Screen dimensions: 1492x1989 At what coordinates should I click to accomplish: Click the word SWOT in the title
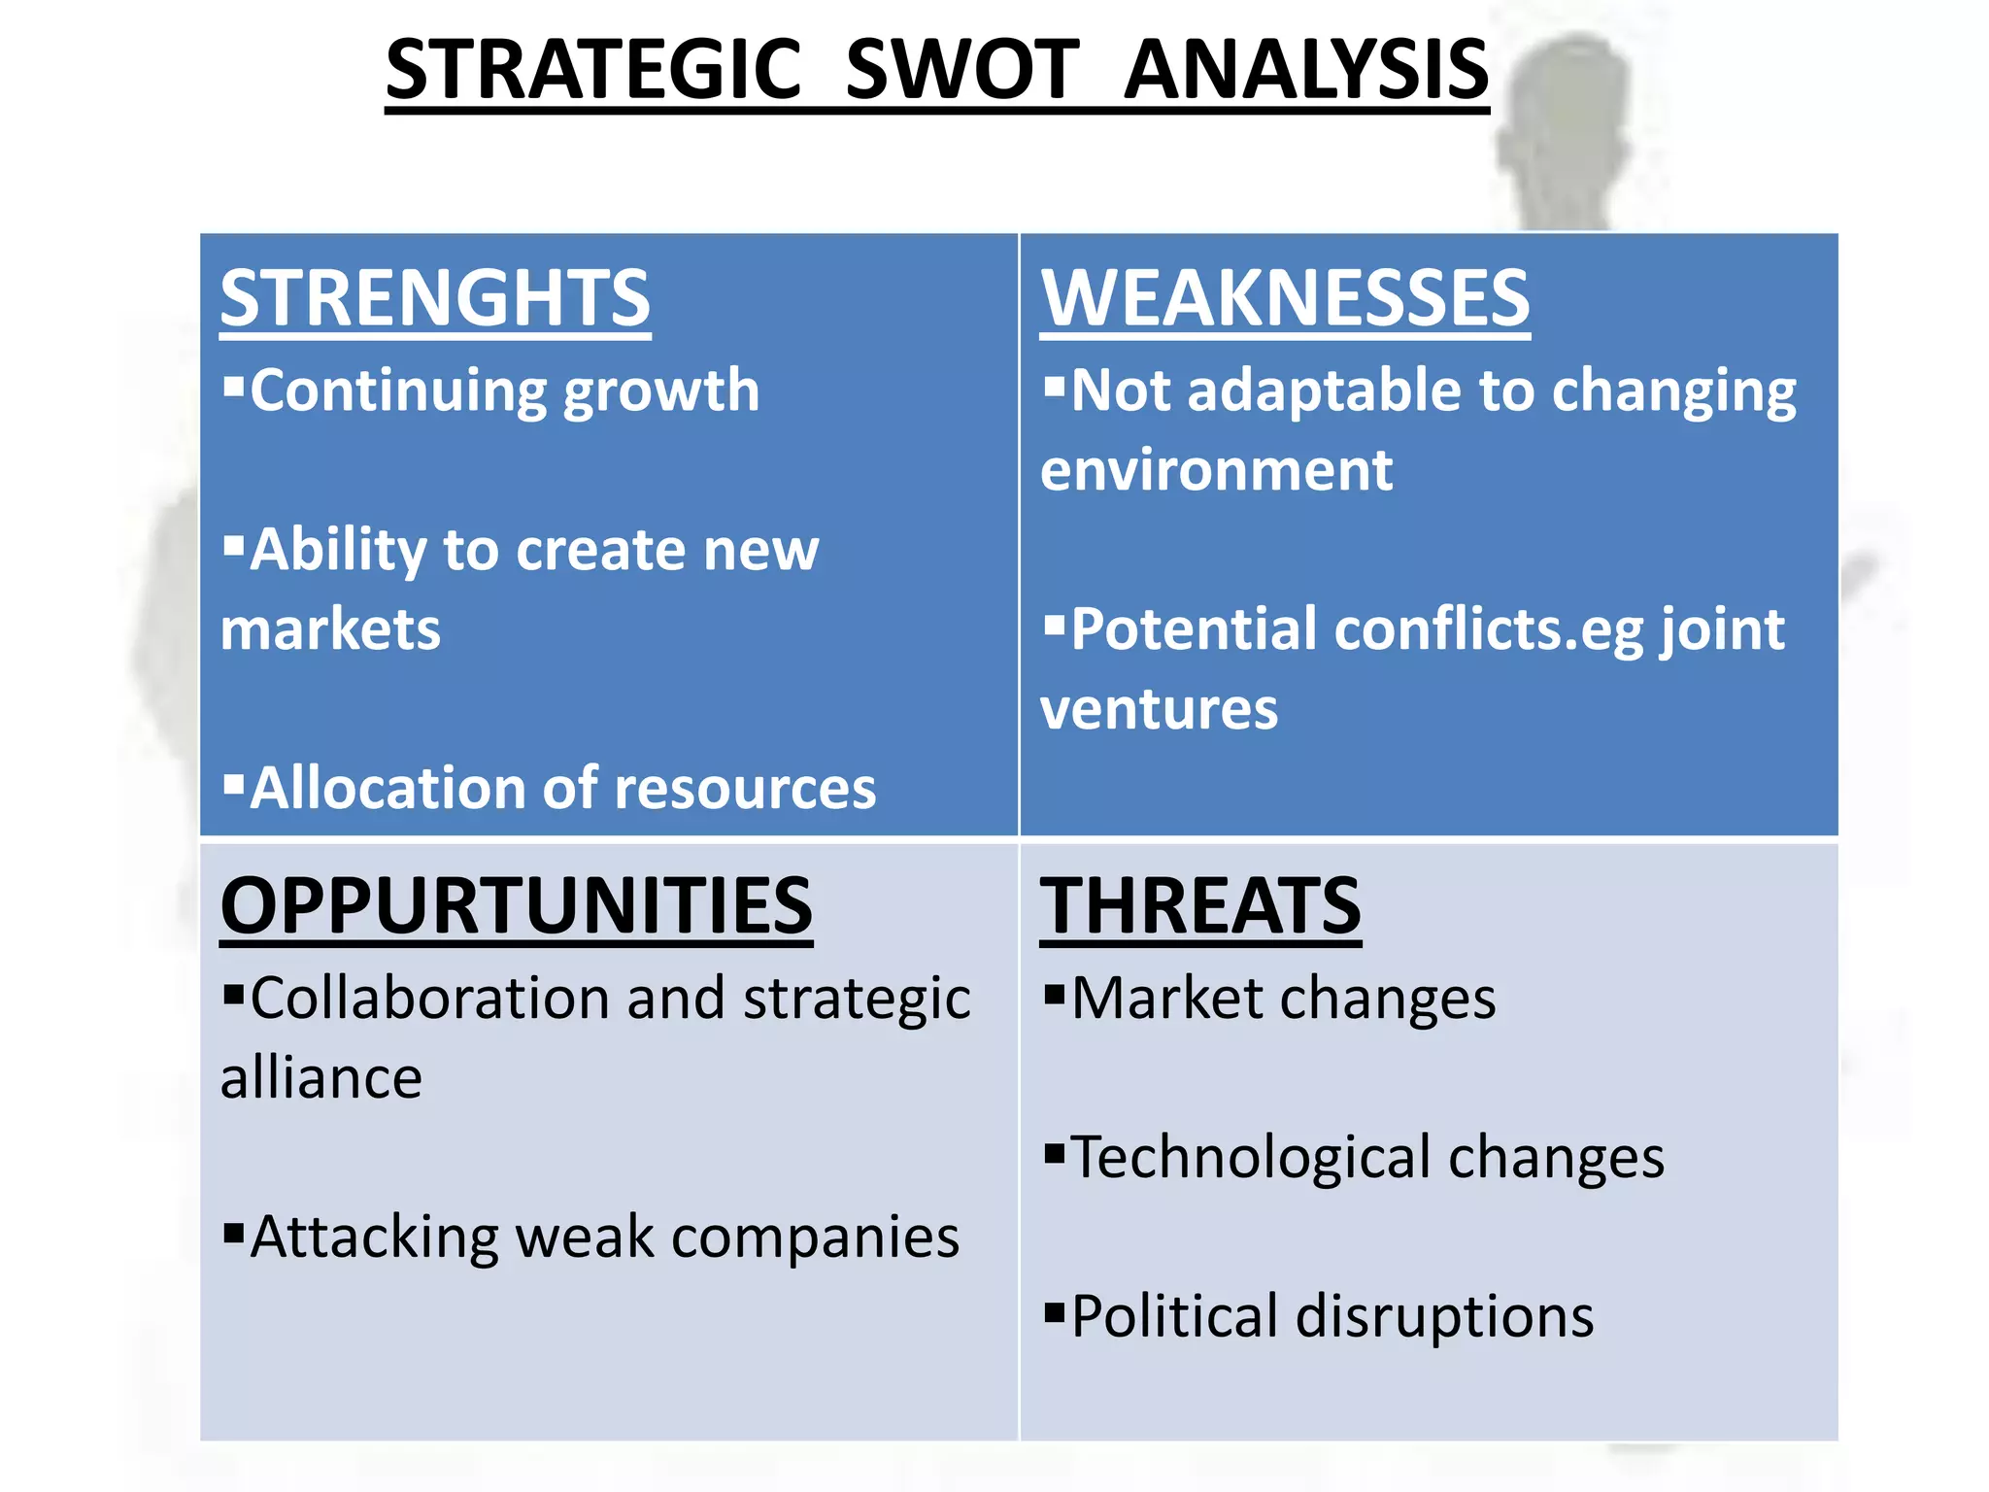pyautogui.click(x=961, y=70)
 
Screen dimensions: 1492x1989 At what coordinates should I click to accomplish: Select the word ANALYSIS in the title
pyautogui.click(x=1305, y=70)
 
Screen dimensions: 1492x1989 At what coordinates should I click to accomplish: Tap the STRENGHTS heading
pyautogui.click(x=435, y=298)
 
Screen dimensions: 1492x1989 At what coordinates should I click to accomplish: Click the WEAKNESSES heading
pyautogui.click(x=1285, y=298)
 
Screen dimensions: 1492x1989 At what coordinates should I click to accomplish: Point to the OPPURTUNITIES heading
pyautogui.click(x=516, y=905)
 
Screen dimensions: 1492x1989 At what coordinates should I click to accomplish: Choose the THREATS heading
pyautogui.click(x=1200, y=905)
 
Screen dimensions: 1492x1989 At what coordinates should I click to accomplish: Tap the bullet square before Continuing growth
pyautogui.click(x=233, y=386)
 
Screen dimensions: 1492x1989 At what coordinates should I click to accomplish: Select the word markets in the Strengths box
pyautogui.click(x=330, y=628)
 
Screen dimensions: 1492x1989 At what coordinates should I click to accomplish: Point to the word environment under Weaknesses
pyautogui.click(x=1216, y=470)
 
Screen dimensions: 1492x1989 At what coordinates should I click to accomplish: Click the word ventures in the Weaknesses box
pyautogui.click(x=1159, y=708)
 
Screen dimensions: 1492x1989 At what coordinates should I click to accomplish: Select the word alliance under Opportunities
pyautogui.click(x=321, y=1077)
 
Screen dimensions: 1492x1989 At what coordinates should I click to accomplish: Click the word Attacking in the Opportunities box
pyautogui.click(x=374, y=1238)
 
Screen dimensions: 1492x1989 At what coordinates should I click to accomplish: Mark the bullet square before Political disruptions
pyautogui.click(x=1054, y=1312)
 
